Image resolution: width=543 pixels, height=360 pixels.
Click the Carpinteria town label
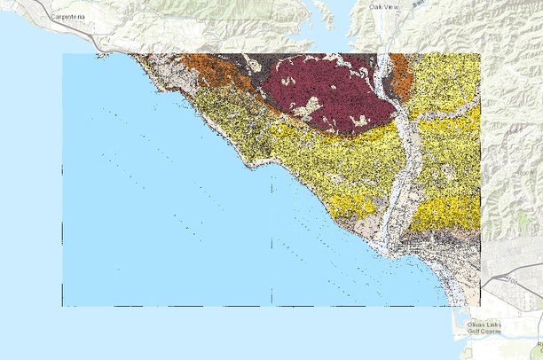(x=73, y=16)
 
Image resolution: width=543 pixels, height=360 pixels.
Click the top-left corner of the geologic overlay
(x=63, y=54)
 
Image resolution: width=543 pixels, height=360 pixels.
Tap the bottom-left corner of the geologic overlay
(x=63, y=306)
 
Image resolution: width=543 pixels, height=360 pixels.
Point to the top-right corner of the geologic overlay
(x=480, y=54)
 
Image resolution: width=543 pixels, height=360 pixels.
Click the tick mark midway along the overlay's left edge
(x=63, y=168)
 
